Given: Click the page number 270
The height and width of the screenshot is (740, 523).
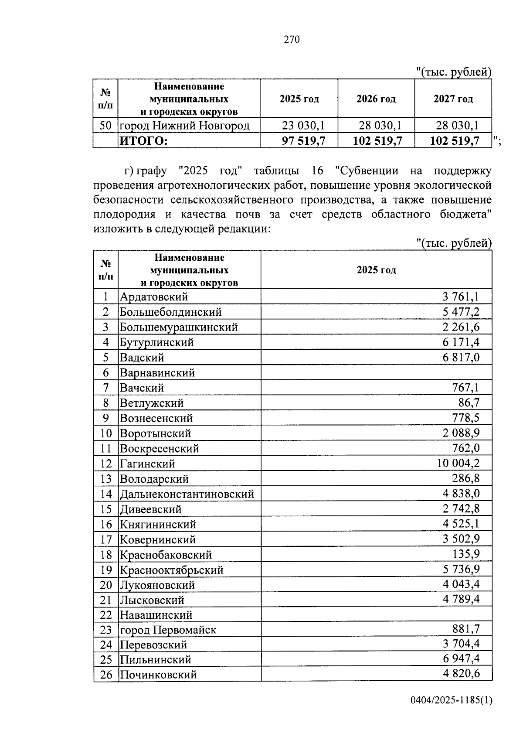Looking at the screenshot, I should tap(292, 40).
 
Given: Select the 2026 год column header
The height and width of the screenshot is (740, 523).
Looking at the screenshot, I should tap(376, 99).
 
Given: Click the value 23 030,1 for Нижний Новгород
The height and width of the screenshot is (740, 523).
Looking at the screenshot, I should tap(303, 126).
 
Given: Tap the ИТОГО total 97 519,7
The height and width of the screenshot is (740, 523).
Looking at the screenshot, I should tap(303, 141).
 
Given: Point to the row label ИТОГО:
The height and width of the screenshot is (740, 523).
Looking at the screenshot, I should tap(143, 141).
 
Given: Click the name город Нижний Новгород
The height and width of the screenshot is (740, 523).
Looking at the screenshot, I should tap(185, 126).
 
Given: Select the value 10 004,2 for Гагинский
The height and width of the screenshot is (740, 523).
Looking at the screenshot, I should tap(458, 463).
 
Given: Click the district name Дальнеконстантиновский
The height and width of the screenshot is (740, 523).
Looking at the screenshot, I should tap(187, 494).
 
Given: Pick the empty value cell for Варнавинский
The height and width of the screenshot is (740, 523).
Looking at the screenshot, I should tap(376, 373).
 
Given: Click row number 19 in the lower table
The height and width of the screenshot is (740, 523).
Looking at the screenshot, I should tap(106, 570).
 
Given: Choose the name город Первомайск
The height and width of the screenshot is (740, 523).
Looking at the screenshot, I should tap(168, 630).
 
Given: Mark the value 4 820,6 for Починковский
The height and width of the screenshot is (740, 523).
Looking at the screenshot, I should tap(461, 674).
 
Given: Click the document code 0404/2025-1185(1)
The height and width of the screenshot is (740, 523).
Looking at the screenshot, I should tap(451, 713).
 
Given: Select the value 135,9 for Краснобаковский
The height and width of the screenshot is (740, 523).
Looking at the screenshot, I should tap(465, 554).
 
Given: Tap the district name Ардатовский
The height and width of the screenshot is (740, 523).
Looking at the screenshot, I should tap(154, 297).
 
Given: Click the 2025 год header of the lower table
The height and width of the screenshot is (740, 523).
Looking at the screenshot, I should tap(376, 270).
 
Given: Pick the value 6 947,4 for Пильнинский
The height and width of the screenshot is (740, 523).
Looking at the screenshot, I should tap(461, 659).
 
